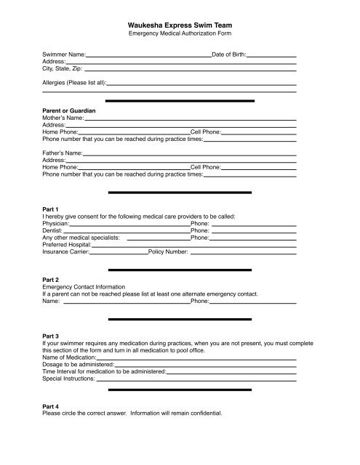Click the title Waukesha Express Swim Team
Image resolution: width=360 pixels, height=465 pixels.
click(x=180, y=24)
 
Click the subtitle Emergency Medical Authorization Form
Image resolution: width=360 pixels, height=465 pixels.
click(x=180, y=34)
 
